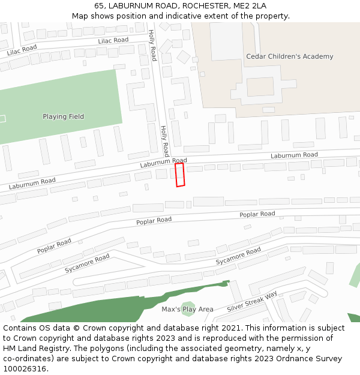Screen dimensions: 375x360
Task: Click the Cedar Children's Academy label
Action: pos(289,56)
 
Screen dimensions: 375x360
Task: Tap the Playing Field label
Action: pos(63,116)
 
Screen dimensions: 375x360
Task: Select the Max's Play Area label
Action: pos(187,309)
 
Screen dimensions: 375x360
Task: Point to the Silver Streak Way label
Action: pos(252,302)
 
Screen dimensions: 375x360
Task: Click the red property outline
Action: pos(179,175)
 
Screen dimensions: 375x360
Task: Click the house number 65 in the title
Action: pos(99,5)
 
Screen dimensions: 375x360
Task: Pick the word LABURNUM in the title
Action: pos(129,5)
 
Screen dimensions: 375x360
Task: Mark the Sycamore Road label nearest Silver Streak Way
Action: pos(238,256)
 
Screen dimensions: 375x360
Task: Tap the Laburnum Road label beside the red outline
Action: pos(163,163)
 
